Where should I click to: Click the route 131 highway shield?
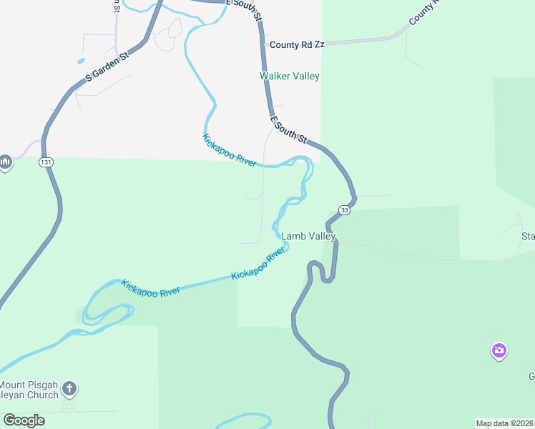(x=46, y=163)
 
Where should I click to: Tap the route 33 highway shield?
(x=345, y=210)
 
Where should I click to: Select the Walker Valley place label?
(x=290, y=76)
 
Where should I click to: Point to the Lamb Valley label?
(x=308, y=236)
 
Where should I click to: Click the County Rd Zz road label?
(x=296, y=44)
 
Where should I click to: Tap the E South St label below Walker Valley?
(x=289, y=129)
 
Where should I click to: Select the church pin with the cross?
(x=69, y=390)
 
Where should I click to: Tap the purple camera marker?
(x=499, y=350)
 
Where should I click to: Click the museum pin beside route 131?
(x=5, y=163)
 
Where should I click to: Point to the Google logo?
(x=24, y=420)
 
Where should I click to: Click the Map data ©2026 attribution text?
(x=505, y=423)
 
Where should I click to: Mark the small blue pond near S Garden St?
(x=80, y=61)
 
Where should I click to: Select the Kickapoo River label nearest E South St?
(x=230, y=151)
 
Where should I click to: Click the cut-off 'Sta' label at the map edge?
(x=528, y=236)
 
